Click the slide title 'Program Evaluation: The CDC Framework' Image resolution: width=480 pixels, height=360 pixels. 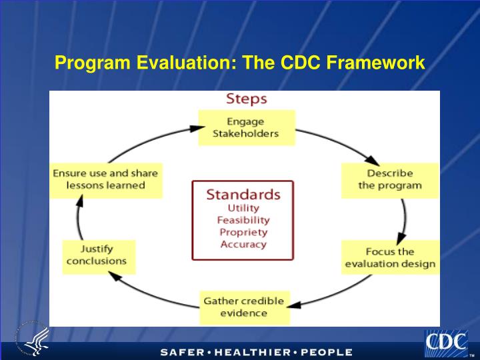point(239,63)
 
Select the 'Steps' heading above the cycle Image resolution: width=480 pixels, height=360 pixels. point(246,99)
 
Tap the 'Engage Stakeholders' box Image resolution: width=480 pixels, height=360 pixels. point(246,127)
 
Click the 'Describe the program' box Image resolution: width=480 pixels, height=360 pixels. point(390,180)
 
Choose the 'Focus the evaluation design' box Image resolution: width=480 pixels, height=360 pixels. point(390,258)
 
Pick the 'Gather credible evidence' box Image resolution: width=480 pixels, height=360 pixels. point(243,307)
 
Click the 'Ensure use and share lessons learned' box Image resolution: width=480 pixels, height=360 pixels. point(105,179)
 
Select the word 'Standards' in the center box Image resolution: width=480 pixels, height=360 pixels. point(243,195)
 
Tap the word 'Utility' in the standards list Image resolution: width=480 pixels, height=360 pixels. point(243,208)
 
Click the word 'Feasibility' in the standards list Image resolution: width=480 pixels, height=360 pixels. point(243,220)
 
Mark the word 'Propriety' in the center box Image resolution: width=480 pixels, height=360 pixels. point(243,232)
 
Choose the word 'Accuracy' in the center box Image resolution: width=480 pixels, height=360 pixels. point(243,244)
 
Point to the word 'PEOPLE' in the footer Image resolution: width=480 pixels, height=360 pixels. point(326,352)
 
